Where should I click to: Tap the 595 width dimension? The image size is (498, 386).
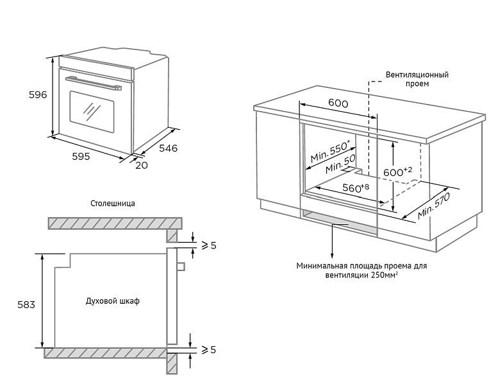[x=81, y=156]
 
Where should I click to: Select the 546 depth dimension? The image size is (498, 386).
[x=168, y=148]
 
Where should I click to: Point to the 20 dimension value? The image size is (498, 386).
[x=142, y=165]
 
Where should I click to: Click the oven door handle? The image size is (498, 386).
[x=94, y=82]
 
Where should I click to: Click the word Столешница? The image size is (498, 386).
[x=113, y=203]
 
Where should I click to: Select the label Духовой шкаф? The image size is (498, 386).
[x=112, y=301]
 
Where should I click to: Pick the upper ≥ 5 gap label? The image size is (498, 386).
[x=208, y=245]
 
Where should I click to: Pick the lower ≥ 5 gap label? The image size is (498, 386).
[x=208, y=349]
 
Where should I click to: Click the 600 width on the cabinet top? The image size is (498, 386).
[x=338, y=103]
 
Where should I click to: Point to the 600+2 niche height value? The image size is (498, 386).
[x=397, y=172]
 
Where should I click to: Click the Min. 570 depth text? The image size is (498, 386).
[x=435, y=206]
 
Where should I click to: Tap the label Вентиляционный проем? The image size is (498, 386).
[x=417, y=79]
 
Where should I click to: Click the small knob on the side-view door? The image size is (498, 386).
[x=181, y=265]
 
